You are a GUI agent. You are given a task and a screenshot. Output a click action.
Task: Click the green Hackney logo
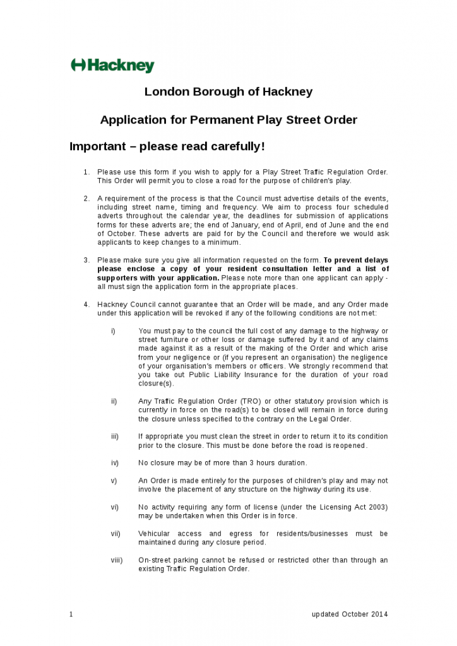click(x=112, y=65)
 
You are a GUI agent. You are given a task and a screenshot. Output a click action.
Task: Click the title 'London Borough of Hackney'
click(x=228, y=91)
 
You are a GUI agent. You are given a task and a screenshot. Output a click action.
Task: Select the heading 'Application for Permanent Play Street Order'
click(x=228, y=120)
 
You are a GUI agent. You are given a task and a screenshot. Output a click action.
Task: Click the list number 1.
click(x=86, y=172)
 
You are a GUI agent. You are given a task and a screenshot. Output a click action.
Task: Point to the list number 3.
click(x=86, y=261)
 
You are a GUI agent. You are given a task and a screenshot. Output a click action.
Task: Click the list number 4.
click(x=86, y=305)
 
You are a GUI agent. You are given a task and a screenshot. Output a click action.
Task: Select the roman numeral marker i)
click(x=113, y=331)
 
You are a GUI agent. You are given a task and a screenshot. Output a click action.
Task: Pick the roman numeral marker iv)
click(x=115, y=463)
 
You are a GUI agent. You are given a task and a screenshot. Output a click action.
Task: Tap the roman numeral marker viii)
click(x=117, y=560)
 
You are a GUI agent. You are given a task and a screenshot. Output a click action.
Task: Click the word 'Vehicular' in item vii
click(x=154, y=534)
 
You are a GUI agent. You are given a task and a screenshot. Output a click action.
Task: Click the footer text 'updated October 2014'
click(x=350, y=614)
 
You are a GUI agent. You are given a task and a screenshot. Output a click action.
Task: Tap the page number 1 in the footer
click(x=71, y=614)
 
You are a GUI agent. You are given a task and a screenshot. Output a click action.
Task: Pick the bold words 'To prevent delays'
click(x=356, y=261)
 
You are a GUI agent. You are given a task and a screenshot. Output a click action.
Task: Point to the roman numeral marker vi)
click(x=115, y=507)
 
